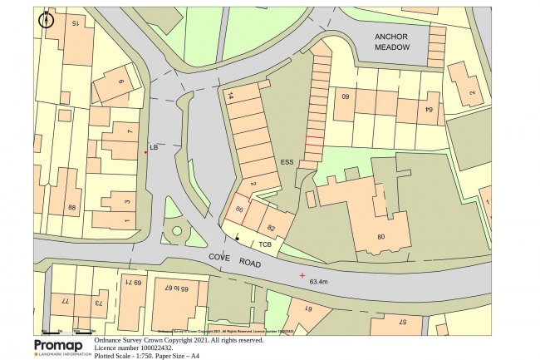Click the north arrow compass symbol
pyautogui.click(x=46, y=18)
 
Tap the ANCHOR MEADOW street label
pyautogui.click(x=392, y=42)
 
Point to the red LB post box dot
pyautogui.click(x=145, y=152)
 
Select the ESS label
pyautogui.click(x=287, y=162)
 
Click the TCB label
pyautogui.click(x=265, y=244)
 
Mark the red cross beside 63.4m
pyautogui.click(x=302, y=274)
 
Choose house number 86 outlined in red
pyautogui.click(x=240, y=210)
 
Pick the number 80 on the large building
pyautogui.click(x=381, y=237)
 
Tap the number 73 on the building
pyautogui.click(x=97, y=303)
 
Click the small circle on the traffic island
pyautogui.click(x=175, y=231)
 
